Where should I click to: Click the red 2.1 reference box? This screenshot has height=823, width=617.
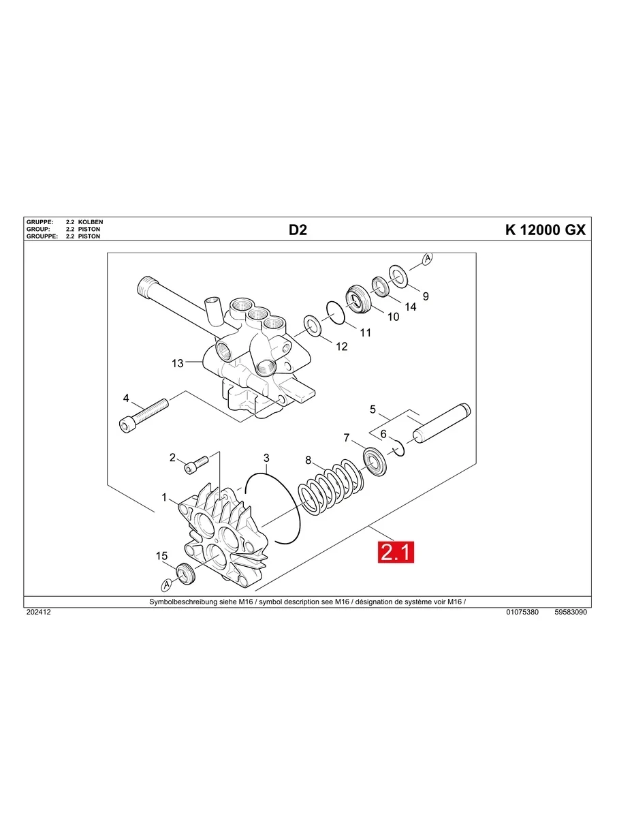396,552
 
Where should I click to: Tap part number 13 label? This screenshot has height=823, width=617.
177,364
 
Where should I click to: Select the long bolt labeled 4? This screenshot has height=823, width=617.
144,414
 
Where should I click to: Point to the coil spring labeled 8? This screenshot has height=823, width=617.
332,486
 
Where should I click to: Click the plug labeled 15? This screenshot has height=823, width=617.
186,574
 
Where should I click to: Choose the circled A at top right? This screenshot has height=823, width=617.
427,259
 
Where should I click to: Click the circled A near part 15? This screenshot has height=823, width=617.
165,585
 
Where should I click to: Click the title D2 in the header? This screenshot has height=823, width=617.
298,230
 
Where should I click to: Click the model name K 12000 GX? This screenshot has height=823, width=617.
545,230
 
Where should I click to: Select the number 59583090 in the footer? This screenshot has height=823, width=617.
571,612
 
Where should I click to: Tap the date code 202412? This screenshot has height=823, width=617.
38,612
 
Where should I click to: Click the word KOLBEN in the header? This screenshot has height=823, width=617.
91,223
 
